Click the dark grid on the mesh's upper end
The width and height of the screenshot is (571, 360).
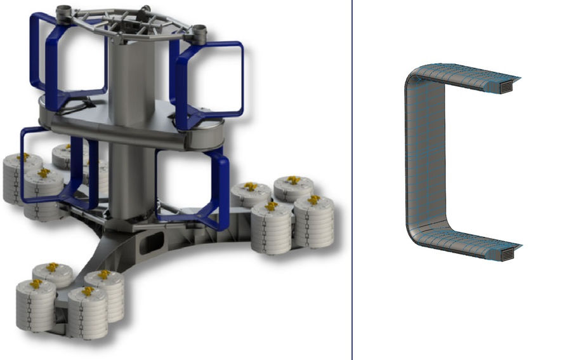click(508, 87)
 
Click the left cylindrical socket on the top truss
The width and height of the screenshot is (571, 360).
click(64, 11)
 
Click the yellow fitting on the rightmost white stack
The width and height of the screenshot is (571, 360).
click(313, 200)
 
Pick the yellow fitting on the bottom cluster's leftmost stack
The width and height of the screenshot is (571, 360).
click(36, 284)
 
